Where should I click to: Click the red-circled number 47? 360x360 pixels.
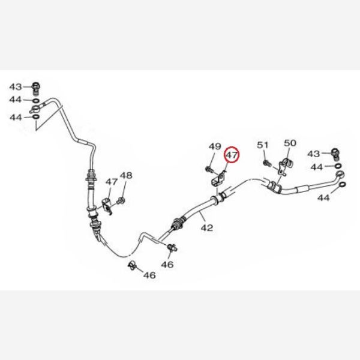coord(232,155)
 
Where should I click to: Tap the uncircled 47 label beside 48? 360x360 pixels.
coord(112,182)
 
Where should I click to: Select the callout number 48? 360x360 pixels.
coord(126,176)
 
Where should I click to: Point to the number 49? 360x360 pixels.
coord(215,146)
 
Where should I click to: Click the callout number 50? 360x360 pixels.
coord(290,143)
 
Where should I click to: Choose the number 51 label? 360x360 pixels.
coord(263,145)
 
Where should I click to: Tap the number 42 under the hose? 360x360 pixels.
coord(207,228)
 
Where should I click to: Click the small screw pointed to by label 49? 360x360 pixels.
coord(209,170)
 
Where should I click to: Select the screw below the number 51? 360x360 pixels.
coord(267,163)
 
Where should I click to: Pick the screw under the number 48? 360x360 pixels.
coord(121,201)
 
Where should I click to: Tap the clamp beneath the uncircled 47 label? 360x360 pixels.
coord(107,206)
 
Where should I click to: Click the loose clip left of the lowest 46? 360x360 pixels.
coord(132,265)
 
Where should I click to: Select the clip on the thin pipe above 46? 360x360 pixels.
coord(172,248)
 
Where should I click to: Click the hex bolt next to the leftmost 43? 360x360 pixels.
coord(36,89)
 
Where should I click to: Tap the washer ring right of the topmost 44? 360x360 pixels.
coord(36,101)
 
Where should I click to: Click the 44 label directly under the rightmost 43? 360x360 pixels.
coord(317,167)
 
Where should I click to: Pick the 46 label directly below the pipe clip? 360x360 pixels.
coord(167,265)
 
